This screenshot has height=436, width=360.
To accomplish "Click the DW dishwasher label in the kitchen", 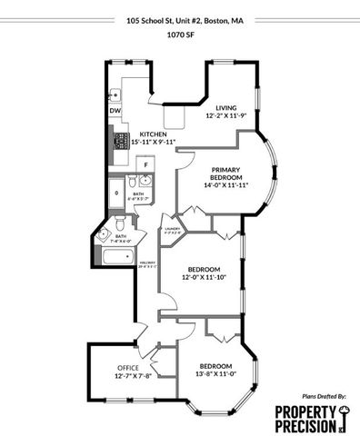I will click(115, 111).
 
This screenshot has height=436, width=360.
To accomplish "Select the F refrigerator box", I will click(144, 164).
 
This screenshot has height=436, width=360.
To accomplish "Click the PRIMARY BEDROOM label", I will click(225, 173).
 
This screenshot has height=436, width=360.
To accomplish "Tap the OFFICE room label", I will click(126, 367).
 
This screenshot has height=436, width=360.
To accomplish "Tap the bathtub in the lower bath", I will click(116, 259).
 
